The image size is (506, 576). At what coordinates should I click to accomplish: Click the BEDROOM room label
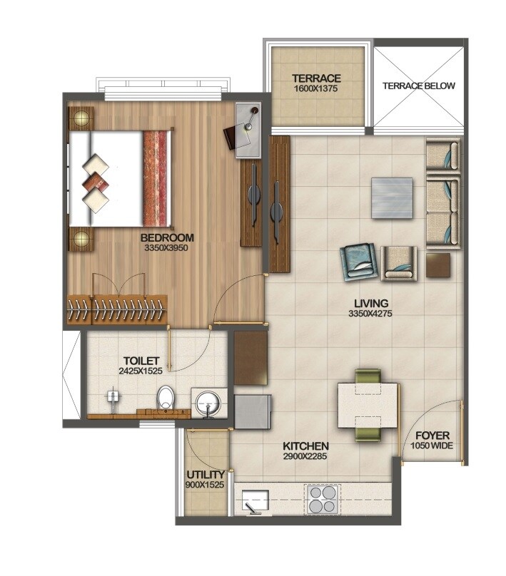167,237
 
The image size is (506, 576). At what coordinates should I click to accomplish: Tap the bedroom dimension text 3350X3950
167,248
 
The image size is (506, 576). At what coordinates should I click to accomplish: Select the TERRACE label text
316,78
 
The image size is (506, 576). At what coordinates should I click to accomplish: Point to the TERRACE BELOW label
418,86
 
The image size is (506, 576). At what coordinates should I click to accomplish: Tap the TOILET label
140,361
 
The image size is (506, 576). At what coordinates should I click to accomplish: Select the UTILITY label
206,474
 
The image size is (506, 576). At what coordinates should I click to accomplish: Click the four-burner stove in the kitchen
323,499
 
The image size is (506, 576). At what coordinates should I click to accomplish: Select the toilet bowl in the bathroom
166,398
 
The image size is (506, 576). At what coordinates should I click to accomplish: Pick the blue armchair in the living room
359,261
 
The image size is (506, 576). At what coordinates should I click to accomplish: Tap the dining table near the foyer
367,405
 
